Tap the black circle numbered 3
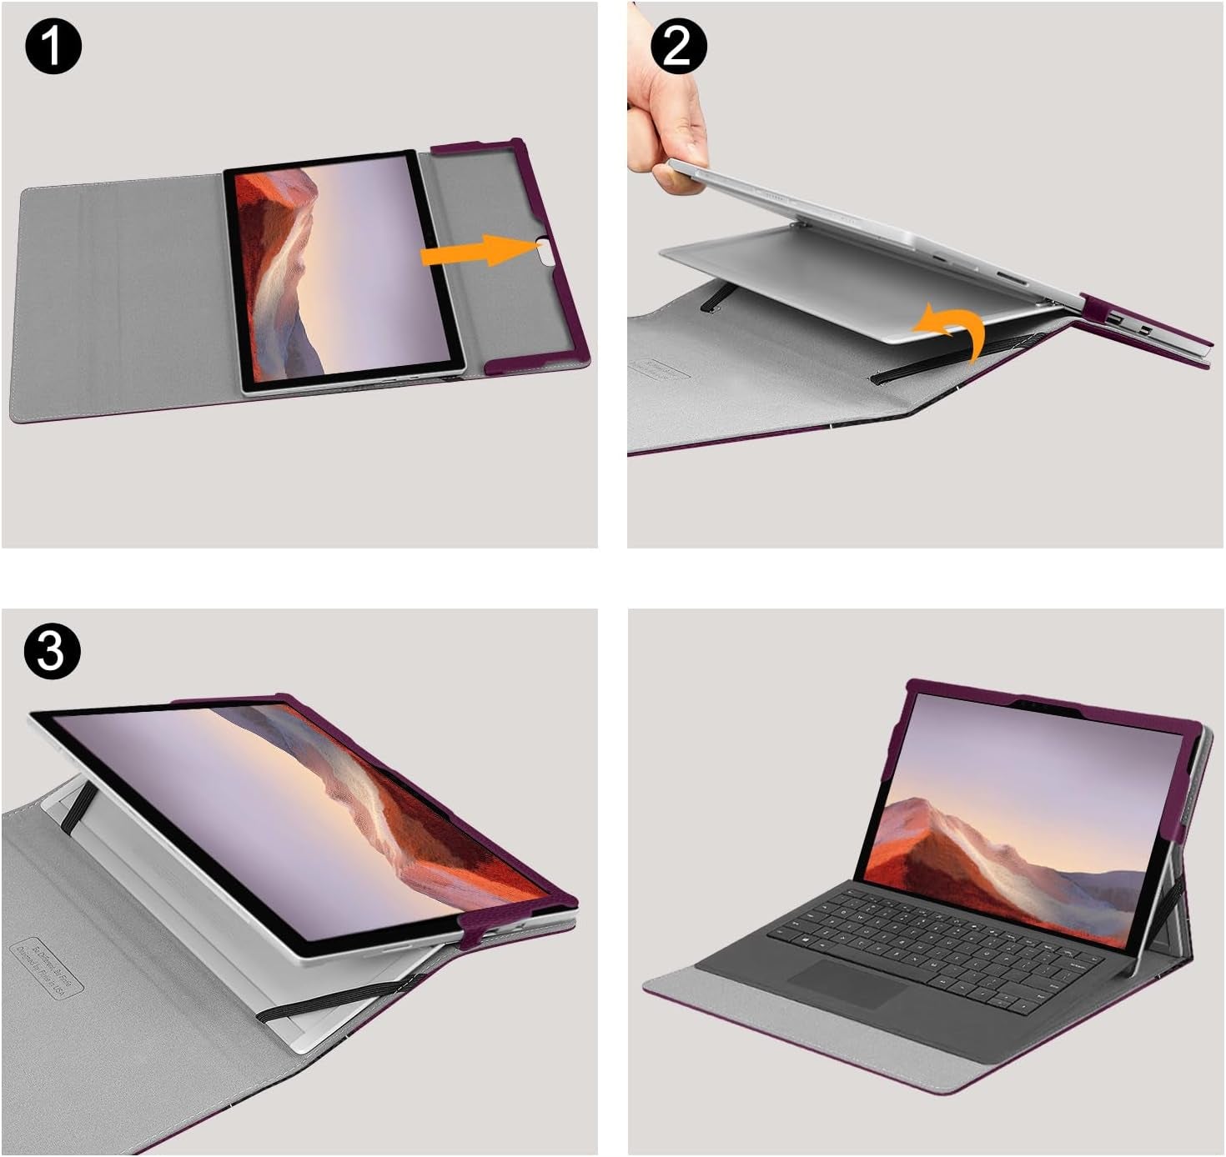pyautogui.click(x=52, y=650)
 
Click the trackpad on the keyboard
pyautogui.click(x=847, y=983)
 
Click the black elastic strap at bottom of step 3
pyautogui.click(x=334, y=1000)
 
